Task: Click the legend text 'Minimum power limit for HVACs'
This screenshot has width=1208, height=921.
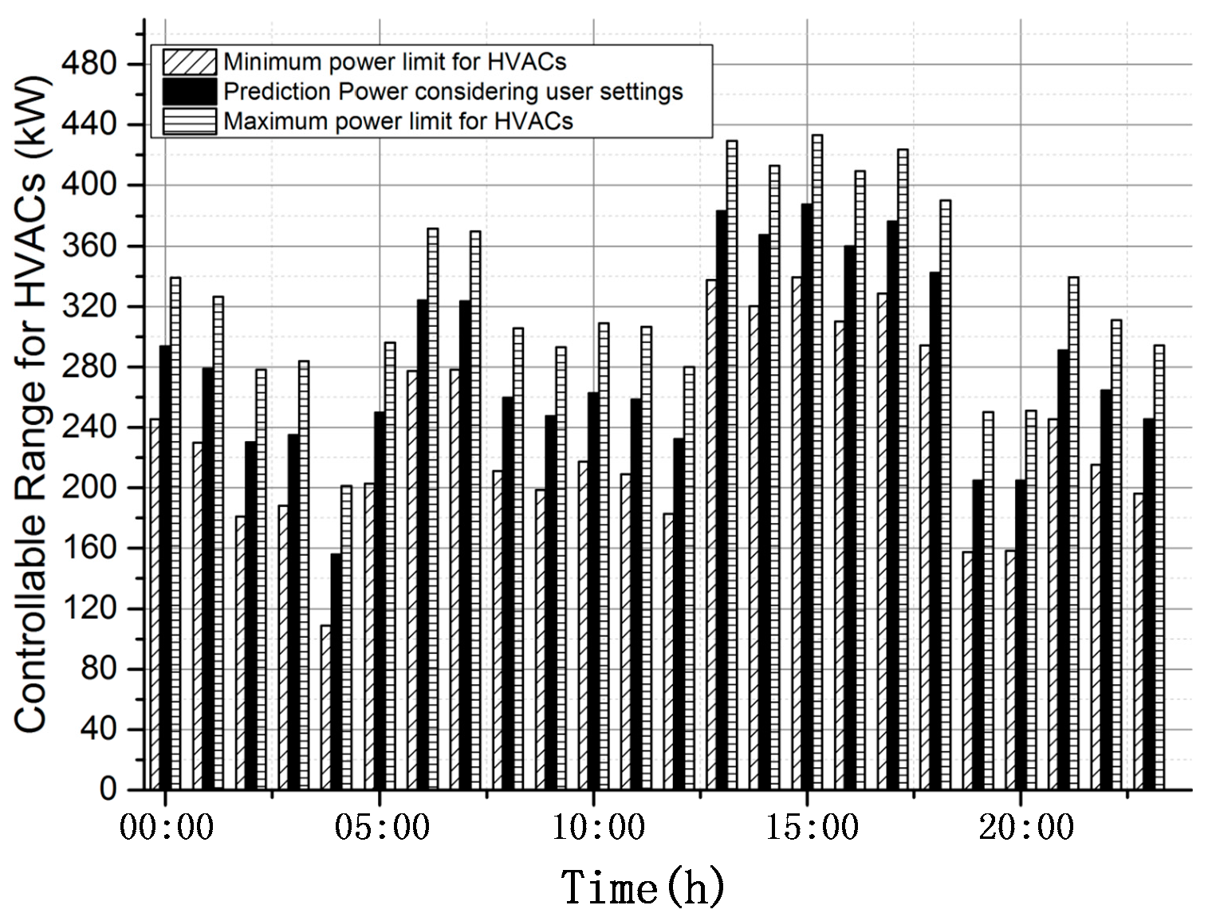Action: click(395, 62)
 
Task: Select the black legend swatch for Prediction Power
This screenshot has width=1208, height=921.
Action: click(189, 92)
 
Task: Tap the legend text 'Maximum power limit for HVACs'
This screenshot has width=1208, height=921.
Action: click(398, 121)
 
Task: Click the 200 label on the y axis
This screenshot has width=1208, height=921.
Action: click(97, 487)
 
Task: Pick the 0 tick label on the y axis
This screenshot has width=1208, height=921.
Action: click(108, 789)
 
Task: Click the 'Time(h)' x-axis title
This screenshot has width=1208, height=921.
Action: click(643, 888)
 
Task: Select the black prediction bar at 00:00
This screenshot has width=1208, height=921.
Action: click(165, 568)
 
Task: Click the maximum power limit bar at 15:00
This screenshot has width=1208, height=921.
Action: click(817, 462)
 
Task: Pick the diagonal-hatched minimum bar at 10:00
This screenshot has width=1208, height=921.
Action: click(583, 625)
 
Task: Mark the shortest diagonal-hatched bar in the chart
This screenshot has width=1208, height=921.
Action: click(325, 707)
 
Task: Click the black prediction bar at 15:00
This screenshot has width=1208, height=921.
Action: click(807, 496)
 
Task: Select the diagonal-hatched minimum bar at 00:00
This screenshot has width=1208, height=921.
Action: click(155, 604)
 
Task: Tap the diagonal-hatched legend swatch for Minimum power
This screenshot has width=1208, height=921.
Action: click(189, 62)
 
